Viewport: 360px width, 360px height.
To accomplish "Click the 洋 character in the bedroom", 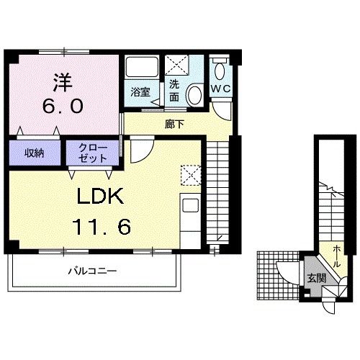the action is (63, 82).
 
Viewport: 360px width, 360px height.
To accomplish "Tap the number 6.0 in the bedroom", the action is (63, 106).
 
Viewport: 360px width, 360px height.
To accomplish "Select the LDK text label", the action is (100, 196).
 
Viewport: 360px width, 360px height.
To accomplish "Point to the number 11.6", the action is (102, 227).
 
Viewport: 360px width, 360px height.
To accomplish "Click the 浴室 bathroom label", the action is (140, 92).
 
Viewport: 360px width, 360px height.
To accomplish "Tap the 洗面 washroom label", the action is (174, 91).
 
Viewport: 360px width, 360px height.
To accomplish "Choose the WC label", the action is (221, 89).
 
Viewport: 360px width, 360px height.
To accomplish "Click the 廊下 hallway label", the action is (174, 124).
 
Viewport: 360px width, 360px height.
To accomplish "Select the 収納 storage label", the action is (35, 153).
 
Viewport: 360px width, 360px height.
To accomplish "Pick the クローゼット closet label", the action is (93, 153).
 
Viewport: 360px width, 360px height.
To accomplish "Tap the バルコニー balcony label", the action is (93, 271).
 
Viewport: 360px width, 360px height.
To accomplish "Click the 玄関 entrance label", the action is (317, 278).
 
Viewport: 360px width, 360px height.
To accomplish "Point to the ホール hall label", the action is (337, 256).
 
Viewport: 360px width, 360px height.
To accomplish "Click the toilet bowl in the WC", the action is (220, 71).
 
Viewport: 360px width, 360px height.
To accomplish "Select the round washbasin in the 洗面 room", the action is (195, 94).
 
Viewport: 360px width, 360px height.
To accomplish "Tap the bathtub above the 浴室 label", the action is (142, 67).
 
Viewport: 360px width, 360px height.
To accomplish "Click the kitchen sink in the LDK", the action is (190, 205).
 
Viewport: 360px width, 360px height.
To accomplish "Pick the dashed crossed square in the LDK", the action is (191, 175).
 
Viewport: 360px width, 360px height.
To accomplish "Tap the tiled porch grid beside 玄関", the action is (279, 276).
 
